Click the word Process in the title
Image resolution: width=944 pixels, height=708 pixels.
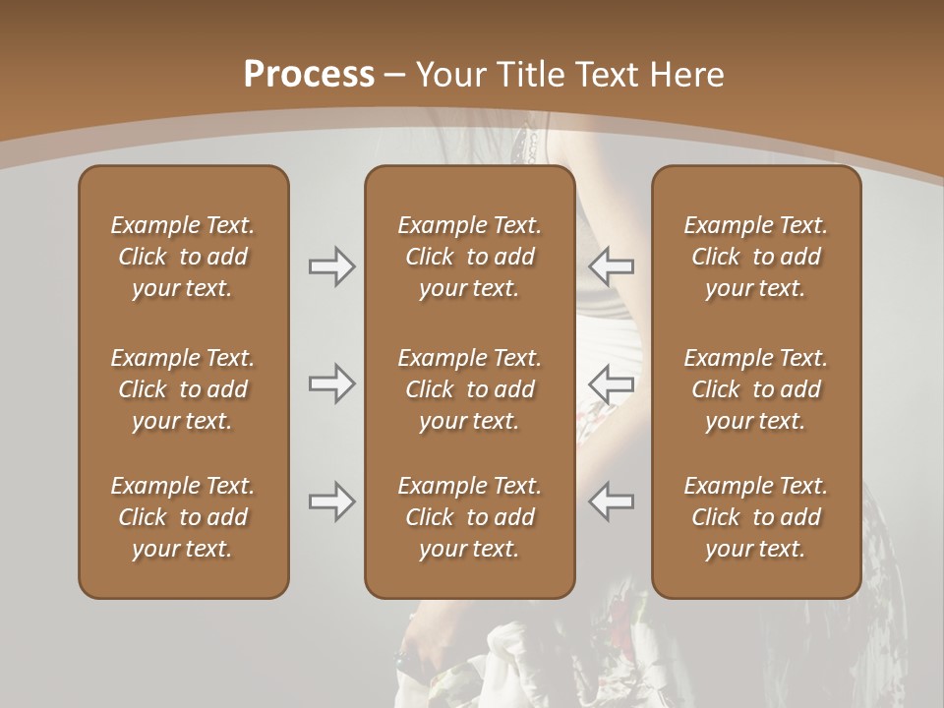tap(309, 75)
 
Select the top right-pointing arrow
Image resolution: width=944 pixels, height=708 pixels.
tap(332, 266)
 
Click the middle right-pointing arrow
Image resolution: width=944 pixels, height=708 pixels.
tap(332, 383)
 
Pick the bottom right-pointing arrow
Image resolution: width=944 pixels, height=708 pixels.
tap(332, 501)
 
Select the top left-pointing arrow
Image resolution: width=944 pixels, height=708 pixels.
tap(611, 266)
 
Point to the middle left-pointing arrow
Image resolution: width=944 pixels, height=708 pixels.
tap(611, 383)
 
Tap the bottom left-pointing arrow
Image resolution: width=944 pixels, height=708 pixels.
tap(611, 501)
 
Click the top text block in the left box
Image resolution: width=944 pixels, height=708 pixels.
tap(183, 257)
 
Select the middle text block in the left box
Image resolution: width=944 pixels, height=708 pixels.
tap(183, 389)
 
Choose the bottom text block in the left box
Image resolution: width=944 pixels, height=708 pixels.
tap(183, 517)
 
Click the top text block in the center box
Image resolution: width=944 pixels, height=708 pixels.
tap(470, 257)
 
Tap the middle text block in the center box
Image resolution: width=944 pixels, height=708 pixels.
tap(470, 389)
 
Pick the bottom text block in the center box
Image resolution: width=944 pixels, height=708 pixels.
tap(470, 517)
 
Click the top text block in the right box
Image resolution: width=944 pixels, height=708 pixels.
tap(756, 257)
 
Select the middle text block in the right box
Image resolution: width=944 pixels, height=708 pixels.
tap(756, 389)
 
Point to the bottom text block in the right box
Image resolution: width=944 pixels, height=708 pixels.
tap(756, 517)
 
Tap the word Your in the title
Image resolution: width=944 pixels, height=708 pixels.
tap(448, 75)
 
